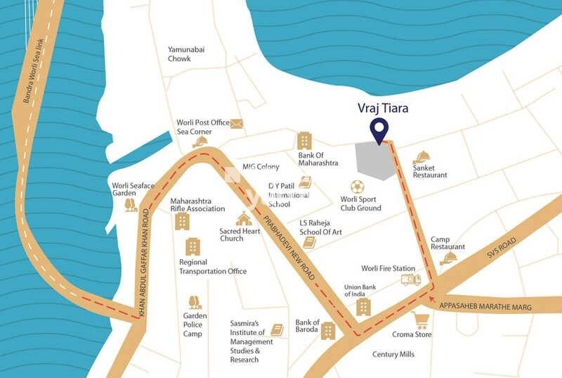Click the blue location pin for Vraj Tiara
[379, 130]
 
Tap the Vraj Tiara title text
[384, 108]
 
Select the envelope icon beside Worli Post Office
[236, 124]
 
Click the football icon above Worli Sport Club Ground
[358, 187]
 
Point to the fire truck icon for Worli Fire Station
[410, 279]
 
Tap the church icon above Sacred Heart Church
[244, 218]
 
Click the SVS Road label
[500, 251]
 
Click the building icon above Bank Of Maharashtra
[303, 140]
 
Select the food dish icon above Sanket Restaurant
[421, 157]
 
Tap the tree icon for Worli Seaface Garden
[131, 205]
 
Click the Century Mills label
[394, 355]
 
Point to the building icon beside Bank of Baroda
[328, 331]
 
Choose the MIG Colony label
[261, 167]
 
